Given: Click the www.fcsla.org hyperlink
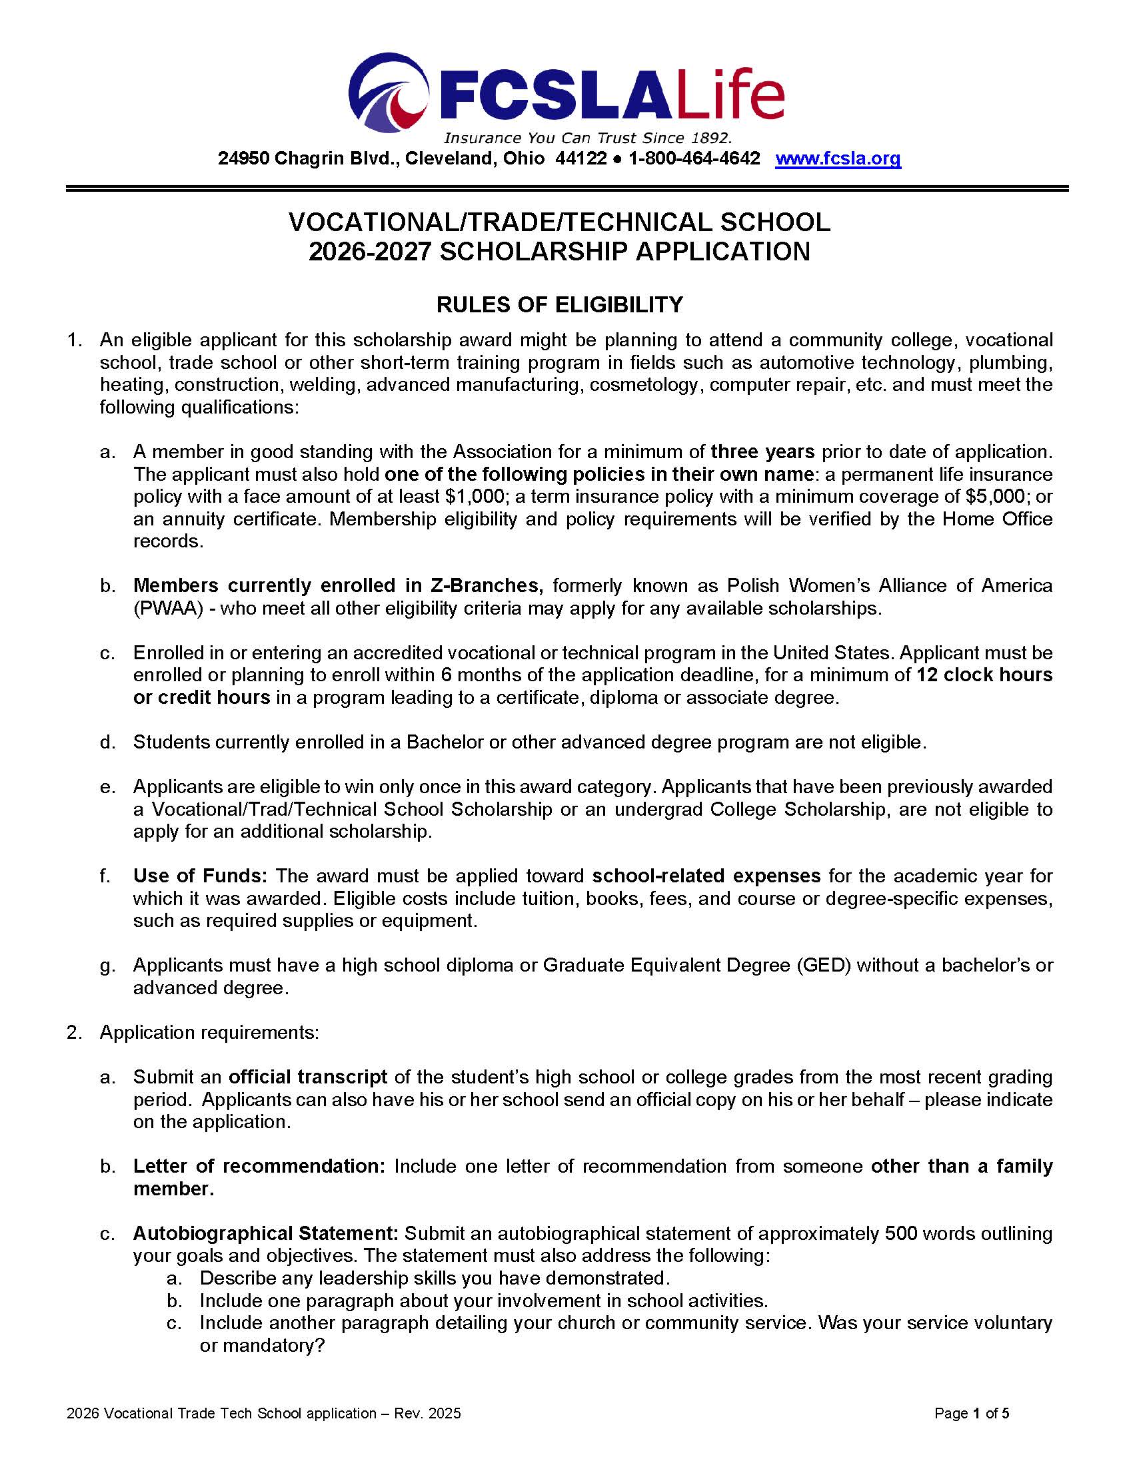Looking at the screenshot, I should coord(838,158).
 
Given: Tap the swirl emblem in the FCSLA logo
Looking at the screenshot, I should coord(389,92).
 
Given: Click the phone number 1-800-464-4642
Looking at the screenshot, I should coord(694,158).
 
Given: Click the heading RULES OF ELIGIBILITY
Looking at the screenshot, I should coord(559,304).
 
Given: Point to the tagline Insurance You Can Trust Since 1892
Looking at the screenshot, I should coord(587,139).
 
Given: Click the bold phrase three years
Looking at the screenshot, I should coord(762,451).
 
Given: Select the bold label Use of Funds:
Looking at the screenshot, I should coord(200,876).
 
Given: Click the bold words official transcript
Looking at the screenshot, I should coord(307,1077).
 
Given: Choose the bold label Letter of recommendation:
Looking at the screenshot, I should coord(259,1167).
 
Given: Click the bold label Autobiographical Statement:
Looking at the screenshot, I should coord(266,1233).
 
